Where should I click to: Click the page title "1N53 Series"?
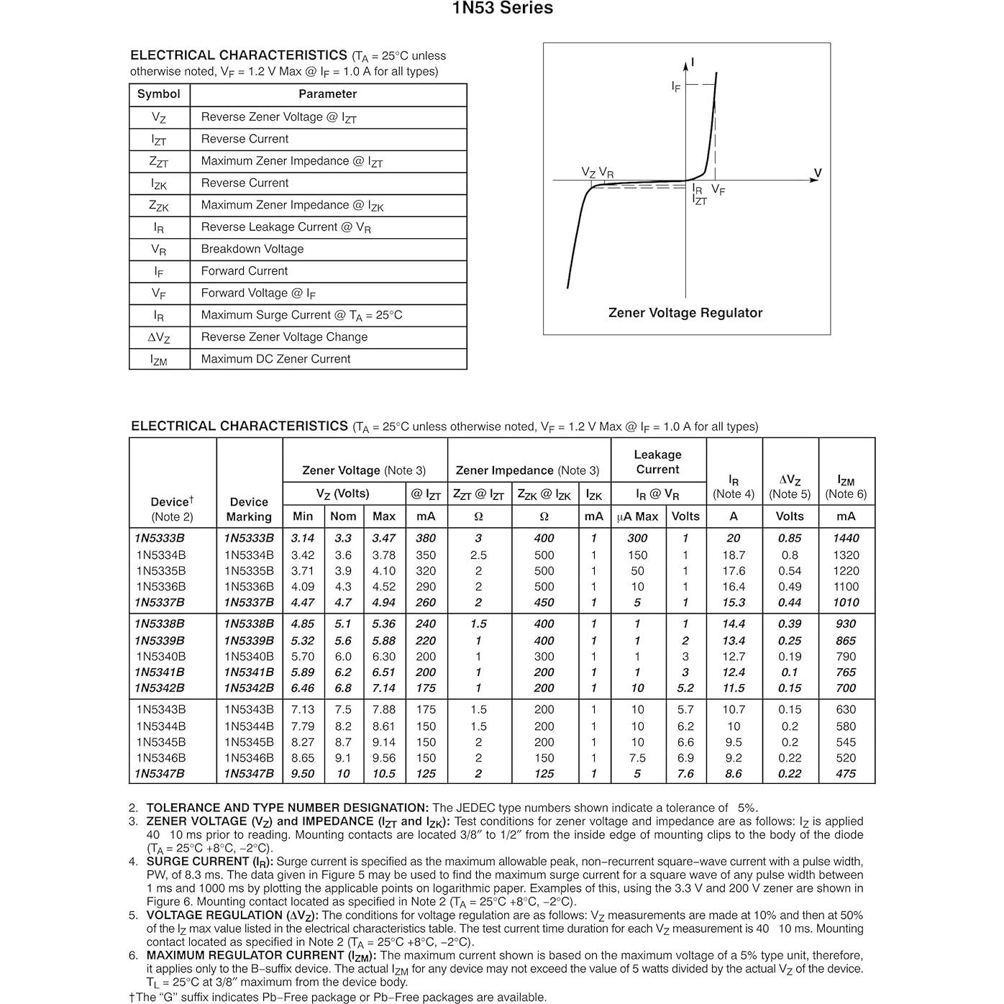502,9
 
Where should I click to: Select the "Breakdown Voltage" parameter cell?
252,250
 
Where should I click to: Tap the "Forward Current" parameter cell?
244,271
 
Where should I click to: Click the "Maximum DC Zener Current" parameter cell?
275,359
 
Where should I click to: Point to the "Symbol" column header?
158,94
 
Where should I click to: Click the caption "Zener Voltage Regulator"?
685,313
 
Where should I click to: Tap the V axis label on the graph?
817,173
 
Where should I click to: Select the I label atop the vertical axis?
693,63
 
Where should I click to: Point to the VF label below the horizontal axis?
718,190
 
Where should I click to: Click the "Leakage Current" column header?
657,462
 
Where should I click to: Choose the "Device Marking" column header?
249,509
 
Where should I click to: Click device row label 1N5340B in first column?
161,657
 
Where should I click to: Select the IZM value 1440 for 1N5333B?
846,538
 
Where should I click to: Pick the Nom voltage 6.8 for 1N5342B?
343,688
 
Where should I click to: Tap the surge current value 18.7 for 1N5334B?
734,555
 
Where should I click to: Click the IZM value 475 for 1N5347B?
846,774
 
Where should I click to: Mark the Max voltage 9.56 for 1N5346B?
384,758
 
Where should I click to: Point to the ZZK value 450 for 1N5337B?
544,603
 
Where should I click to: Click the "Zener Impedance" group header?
527,470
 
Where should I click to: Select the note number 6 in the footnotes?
133,956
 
